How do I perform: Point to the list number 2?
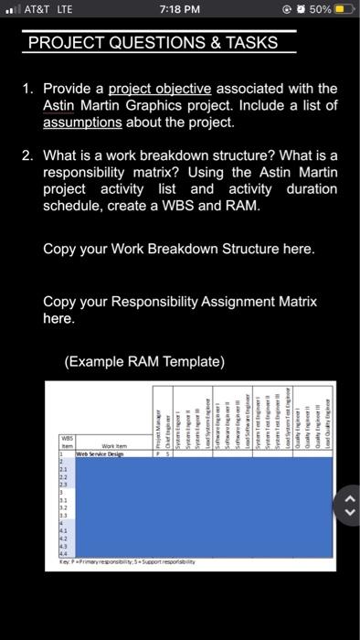pos(28,156)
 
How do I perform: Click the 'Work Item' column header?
pos(114,444)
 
